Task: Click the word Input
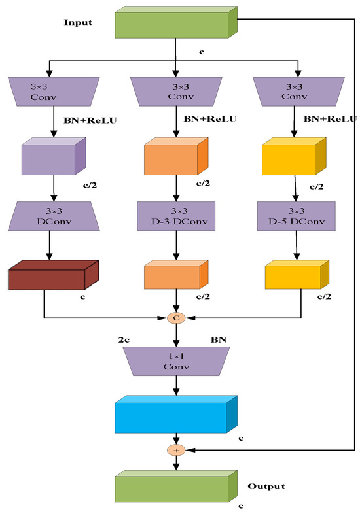tap(77, 22)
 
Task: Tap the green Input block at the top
tap(175, 24)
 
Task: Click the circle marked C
tap(175, 318)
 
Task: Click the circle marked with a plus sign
tap(175, 451)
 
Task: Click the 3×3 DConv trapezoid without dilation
tap(49, 215)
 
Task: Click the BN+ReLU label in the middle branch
tap(209, 119)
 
